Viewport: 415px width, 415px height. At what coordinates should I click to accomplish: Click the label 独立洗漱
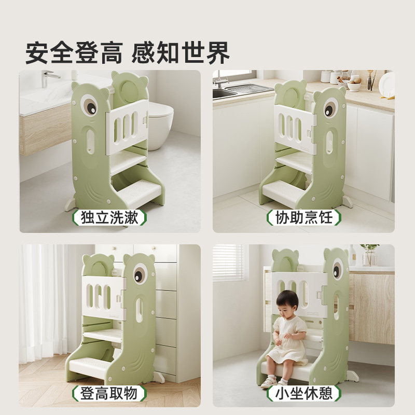coord(110,217)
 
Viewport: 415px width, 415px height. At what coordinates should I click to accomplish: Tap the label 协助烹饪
coord(303,217)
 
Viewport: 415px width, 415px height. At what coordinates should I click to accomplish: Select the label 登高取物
coord(109,393)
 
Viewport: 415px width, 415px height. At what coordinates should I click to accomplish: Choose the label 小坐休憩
coord(303,393)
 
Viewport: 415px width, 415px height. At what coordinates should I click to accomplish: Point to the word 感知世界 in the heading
coord(181,52)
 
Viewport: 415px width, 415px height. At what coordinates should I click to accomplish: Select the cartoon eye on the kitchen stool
coord(330,109)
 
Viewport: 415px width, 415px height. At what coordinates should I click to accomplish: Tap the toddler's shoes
coord(275,383)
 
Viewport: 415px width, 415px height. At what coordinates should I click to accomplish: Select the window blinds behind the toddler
coord(228,262)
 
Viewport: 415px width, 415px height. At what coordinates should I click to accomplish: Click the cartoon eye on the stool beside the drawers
coord(141,274)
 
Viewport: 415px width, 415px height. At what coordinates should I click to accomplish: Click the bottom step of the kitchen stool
coord(283,192)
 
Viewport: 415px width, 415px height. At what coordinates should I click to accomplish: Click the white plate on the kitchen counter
coord(386,84)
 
